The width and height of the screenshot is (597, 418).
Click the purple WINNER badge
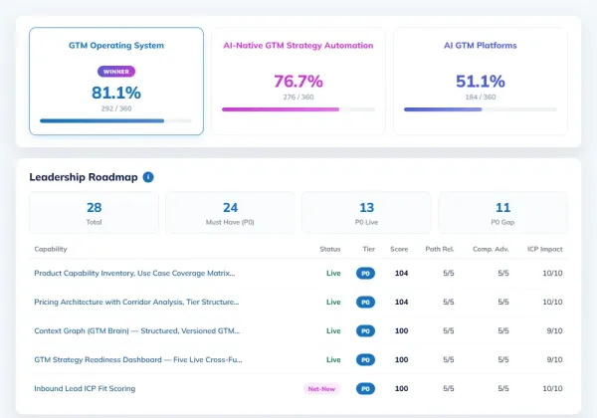point(116,72)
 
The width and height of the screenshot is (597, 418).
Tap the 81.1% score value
point(116,93)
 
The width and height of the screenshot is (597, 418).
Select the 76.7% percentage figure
point(298,81)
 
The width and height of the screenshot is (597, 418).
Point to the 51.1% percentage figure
point(481,81)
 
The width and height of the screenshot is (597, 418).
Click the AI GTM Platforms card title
point(481,46)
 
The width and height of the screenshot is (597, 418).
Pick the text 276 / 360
point(298,98)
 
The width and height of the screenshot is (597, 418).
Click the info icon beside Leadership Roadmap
point(148,177)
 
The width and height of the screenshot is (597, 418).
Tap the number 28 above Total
point(95,207)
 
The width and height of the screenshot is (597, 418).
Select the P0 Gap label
point(502,222)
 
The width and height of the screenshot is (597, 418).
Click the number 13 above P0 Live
point(366,207)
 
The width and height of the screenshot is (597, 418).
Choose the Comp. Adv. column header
point(491,249)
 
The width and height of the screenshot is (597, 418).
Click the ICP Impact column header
point(545,249)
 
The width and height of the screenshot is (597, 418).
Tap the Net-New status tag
point(321,389)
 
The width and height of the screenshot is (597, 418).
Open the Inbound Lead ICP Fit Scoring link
point(85,389)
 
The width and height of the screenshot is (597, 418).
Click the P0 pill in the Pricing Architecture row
point(365,302)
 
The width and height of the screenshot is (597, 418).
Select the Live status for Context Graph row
point(333,330)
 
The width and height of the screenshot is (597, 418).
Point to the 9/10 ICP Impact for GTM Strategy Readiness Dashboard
point(555,359)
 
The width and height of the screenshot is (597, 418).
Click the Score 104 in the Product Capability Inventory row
point(401,273)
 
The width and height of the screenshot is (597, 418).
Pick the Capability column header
point(51,249)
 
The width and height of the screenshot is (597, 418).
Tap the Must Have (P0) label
point(230,222)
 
